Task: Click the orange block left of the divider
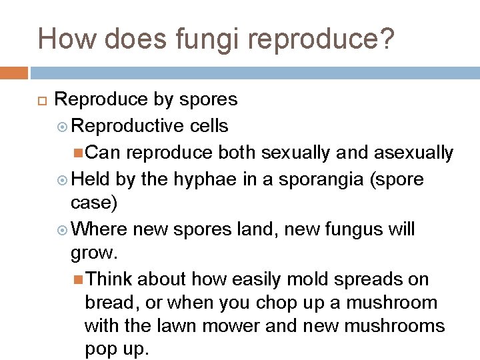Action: click(x=13, y=73)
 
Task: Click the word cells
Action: click(x=209, y=125)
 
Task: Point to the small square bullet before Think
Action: click(x=79, y=279)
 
